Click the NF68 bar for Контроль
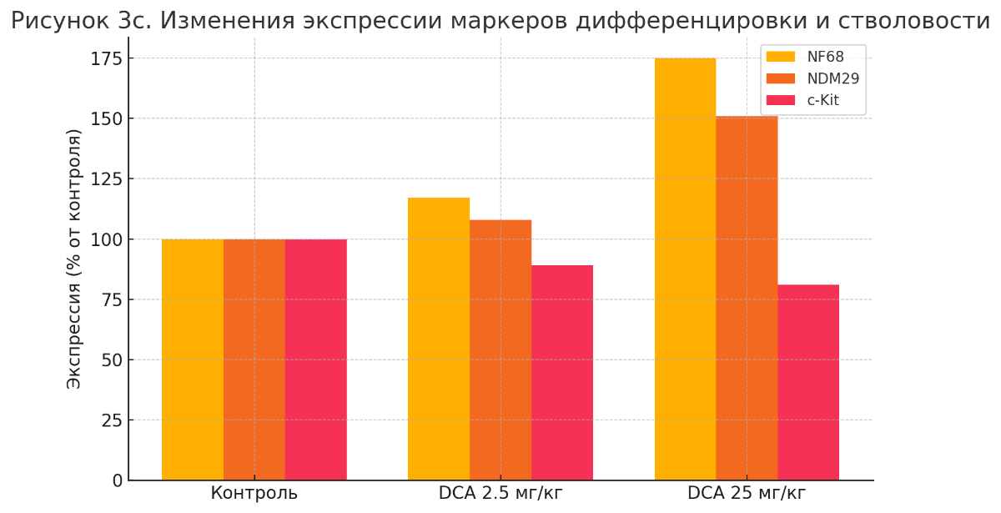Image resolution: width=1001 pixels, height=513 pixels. click(193, 360)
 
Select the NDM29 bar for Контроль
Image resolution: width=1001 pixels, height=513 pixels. click(254, 360)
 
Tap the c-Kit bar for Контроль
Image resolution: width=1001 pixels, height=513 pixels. click(315, 360)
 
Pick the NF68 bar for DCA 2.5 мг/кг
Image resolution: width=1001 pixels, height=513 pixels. click(439, 339)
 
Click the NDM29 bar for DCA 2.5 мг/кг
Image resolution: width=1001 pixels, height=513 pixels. click(500, 350)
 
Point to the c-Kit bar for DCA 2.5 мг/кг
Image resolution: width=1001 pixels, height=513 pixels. click(562, 373)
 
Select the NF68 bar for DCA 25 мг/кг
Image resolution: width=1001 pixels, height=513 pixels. click(685, 269)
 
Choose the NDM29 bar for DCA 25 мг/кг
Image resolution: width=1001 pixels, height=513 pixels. click(747, 298)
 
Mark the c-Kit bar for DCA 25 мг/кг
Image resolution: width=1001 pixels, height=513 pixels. click(808, 382)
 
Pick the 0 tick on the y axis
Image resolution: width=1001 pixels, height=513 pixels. click(118, 480)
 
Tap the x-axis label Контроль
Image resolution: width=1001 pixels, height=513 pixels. click(254, 493)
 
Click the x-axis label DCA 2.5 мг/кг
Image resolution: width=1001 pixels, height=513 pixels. click(500, 493)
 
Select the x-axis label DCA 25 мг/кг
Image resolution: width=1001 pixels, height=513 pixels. click(747, 493)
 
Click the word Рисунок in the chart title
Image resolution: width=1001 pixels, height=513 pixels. click(52, 21)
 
